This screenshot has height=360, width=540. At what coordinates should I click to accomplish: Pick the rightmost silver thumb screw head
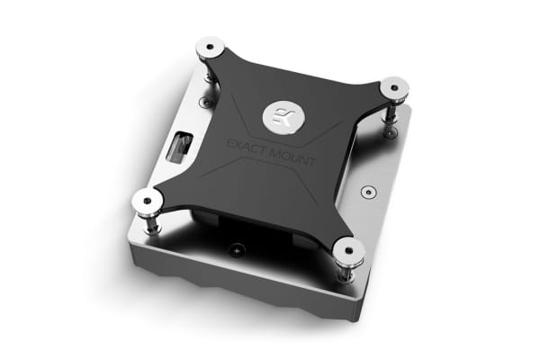(x=393, y=88)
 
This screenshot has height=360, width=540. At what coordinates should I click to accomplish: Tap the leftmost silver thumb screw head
(x=145, y=200)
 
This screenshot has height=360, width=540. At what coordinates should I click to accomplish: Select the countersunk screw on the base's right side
(x=366, y=192)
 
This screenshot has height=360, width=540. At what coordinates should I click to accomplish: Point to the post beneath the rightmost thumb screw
(x=392, y=110)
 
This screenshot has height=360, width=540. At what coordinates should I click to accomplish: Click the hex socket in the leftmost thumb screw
(x=145, y=199)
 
